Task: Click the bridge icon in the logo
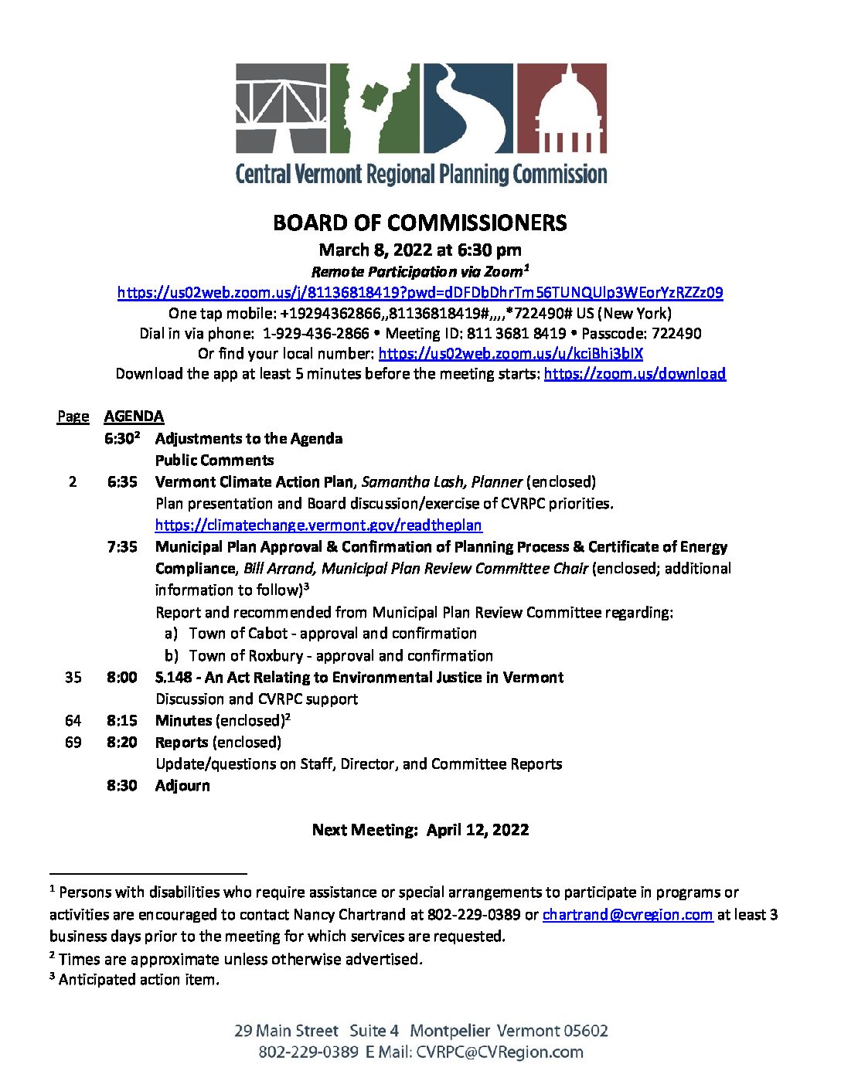pyautogui.click(x=280, y=107)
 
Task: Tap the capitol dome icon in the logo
pyautogui.click(x=562, y=107)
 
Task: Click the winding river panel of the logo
pyautogui.click(x=467, y=107)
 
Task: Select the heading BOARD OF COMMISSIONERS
pyautogui.click(x=420, y=223)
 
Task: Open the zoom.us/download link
pyautogui.click(x=635, y=374)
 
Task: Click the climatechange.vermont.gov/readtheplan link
pyautogui.click(x=318, y=525)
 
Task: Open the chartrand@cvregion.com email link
pyautogui.click(x=627, y=915)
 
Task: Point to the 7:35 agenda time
pyautogui.click(x=122, y=547)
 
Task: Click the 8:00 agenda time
pyautogui.click(x=122, y=678)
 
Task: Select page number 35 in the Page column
pyautogui.click(x=73, y=678)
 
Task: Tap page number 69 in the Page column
pyautogui.click(x=73, y=743)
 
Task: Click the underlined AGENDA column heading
pyautogui.click(x=134, y=416)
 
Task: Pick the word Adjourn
pyautogui.click(x=182, y=786)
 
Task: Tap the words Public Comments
pyautogui.click(x=214, y=461)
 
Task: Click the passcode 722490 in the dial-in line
pyautogui.click(x=676, y=334)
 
